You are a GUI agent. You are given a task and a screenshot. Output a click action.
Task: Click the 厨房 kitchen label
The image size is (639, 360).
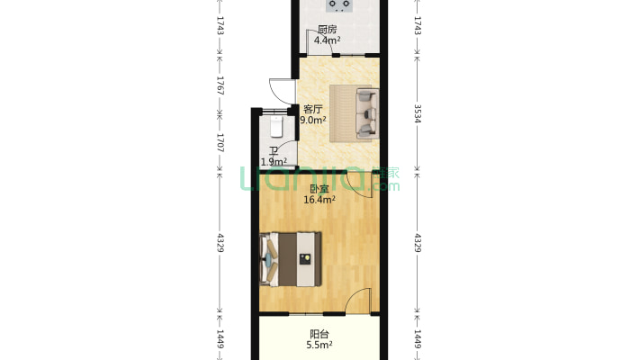click(327, 30)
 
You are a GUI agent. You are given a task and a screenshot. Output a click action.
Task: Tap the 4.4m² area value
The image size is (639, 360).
click(326, 40)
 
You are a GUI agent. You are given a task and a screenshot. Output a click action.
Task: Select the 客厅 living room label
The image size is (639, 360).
click(312, 109)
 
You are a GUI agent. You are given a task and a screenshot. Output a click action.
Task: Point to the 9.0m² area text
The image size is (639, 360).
click(312, 120)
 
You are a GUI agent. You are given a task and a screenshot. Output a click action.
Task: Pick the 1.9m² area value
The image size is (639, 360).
click(274, 162)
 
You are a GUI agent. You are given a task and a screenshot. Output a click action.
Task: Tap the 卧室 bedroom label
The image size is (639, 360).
click(319, 189)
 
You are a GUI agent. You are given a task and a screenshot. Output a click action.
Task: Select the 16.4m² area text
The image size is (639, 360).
click(320, 201)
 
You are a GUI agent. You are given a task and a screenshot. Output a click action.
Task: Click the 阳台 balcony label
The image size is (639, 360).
click(319, 334)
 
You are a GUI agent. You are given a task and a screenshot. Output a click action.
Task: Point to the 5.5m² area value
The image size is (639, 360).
click(319, 345)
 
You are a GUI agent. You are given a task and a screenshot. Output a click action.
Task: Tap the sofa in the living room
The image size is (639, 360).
click(364, 113)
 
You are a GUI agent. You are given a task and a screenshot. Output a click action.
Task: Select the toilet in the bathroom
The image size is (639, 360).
click(275, 127)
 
